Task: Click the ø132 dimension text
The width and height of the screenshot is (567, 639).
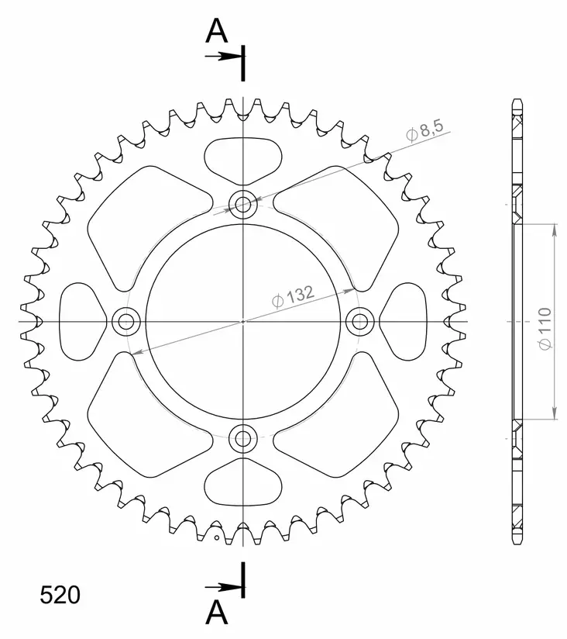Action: coord(292,296)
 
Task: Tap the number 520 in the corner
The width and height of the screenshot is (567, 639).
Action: coord(60,595)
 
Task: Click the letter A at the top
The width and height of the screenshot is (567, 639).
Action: coord(216,32)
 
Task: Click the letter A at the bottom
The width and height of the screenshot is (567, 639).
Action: coord(216,613)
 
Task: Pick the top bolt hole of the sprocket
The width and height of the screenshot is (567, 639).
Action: coord(243,205)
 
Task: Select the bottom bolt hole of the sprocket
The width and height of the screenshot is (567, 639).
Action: coord(243,437)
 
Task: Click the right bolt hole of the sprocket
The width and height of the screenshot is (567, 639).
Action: coord(359,320)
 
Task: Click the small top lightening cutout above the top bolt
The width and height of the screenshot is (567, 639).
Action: coord(243,159)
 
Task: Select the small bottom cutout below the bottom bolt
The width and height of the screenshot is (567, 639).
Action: coord(243,482)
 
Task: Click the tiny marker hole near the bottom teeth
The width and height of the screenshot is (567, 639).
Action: coord(217,536)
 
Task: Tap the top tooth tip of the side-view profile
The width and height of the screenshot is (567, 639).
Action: coord(517,102)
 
